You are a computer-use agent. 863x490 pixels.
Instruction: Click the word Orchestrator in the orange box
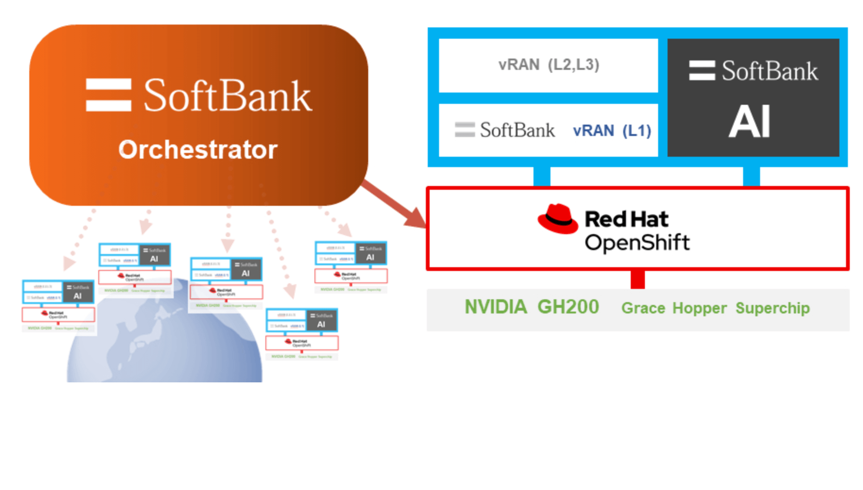[x=198, y=150]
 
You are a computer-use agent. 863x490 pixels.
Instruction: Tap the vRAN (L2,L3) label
[x=549, y=65]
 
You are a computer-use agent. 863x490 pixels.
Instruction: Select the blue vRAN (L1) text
[x=612, y=131]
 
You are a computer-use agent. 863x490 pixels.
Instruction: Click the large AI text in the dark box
[x=750, y=122]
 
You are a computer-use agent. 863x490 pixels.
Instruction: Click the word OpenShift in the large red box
[x=637, y=243]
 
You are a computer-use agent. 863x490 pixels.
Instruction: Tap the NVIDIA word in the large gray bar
[x=496, y=307]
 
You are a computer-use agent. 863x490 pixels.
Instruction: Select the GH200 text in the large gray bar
[x=568, y=307]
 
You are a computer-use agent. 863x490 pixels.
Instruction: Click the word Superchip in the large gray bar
[x=772, y=308]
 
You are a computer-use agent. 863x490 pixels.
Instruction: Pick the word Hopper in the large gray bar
[x=700, y=308]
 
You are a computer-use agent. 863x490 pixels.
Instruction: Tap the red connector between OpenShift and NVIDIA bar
[x=637, y=279]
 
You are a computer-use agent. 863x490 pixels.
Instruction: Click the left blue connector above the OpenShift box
[x=541, y=177]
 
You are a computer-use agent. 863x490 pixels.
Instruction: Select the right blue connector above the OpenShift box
[x=751, y=177]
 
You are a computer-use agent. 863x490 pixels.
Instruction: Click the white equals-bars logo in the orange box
[x=109, y=95]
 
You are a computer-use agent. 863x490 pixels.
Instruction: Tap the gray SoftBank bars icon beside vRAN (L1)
[x=465, y=129]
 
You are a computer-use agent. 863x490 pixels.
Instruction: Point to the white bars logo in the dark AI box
[x=702, y=71]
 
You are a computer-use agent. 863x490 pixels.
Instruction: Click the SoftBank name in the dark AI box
[x=770, y=71]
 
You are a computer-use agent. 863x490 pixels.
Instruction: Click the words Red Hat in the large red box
[x=626, y=220]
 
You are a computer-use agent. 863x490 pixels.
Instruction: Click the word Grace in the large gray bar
[x=643, y=308]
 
